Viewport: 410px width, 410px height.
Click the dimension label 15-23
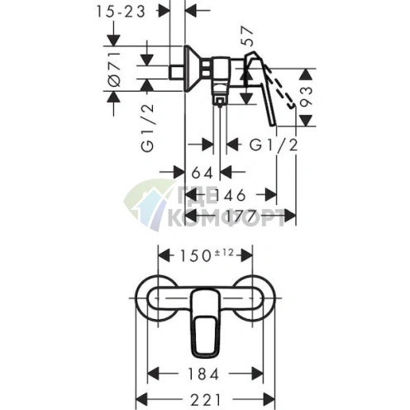click(121, 12)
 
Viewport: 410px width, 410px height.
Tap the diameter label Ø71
click(114, 69)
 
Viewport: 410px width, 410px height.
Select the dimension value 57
click(246, 36)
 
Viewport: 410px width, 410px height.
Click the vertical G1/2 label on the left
click(147, 128)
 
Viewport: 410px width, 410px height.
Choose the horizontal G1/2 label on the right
click(274, 145)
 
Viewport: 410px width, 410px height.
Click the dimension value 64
click(202, 173)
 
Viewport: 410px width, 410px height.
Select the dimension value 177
click(240, 216)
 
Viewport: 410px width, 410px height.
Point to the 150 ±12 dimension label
click(207, 255)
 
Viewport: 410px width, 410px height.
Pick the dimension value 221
click(205, 400)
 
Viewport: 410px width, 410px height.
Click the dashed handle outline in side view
click(279, 87)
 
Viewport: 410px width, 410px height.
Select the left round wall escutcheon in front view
click(156, 298)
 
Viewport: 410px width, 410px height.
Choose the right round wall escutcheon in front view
click(255, 298)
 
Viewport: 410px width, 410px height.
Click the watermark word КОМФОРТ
click(226, 217)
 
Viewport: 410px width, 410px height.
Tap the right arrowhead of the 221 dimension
click(269, 400)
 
